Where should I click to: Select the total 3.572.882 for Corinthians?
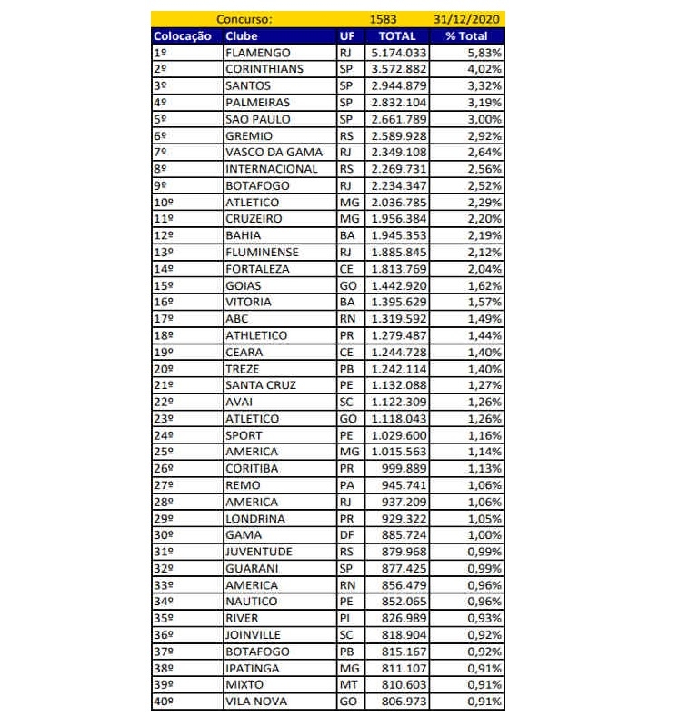(394, 69)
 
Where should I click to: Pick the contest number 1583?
(384, 19)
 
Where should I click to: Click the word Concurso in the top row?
(244, 19)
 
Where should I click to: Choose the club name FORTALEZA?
(257, 269)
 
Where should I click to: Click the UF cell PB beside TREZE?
(345, 369)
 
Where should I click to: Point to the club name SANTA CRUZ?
(261, 385)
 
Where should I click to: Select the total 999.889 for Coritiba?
(402, 469)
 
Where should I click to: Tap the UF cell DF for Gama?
(345, 535)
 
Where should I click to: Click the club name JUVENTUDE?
(258, 552)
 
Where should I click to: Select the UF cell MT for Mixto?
(346, 685)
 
